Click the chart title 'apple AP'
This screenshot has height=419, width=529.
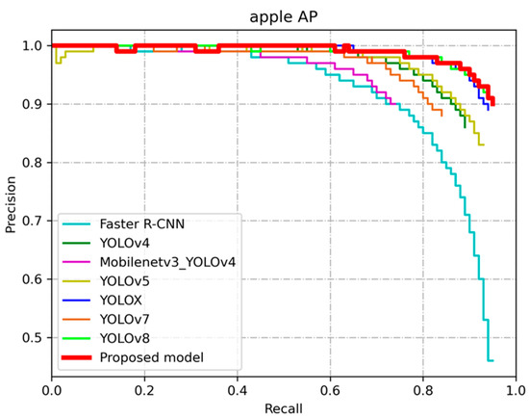point(284,16)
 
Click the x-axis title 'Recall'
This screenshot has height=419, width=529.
point(284,409)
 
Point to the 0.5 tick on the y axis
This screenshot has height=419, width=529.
point(34,338)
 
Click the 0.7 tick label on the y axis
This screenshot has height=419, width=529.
point(34,221)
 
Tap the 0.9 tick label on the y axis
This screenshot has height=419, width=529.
point(34,104)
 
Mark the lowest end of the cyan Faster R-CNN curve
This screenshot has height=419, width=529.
point(491,360)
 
